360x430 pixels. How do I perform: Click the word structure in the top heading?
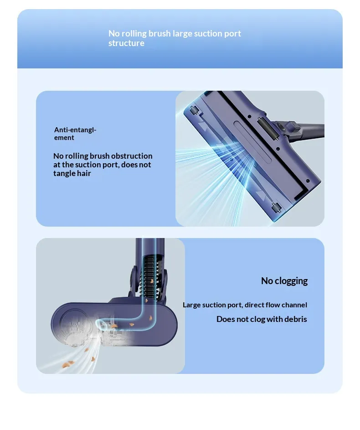126,43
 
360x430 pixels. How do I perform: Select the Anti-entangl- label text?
75,130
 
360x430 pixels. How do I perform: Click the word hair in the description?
84,173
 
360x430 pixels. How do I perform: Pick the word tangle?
64,174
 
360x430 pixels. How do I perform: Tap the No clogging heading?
284,281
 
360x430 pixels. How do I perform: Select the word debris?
296,319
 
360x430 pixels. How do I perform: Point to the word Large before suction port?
191,305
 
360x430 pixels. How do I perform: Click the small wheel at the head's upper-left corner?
194,110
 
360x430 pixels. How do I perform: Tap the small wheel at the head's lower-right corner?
277,208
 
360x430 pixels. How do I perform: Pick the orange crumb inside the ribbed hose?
151,281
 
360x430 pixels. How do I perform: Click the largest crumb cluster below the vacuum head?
68,364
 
